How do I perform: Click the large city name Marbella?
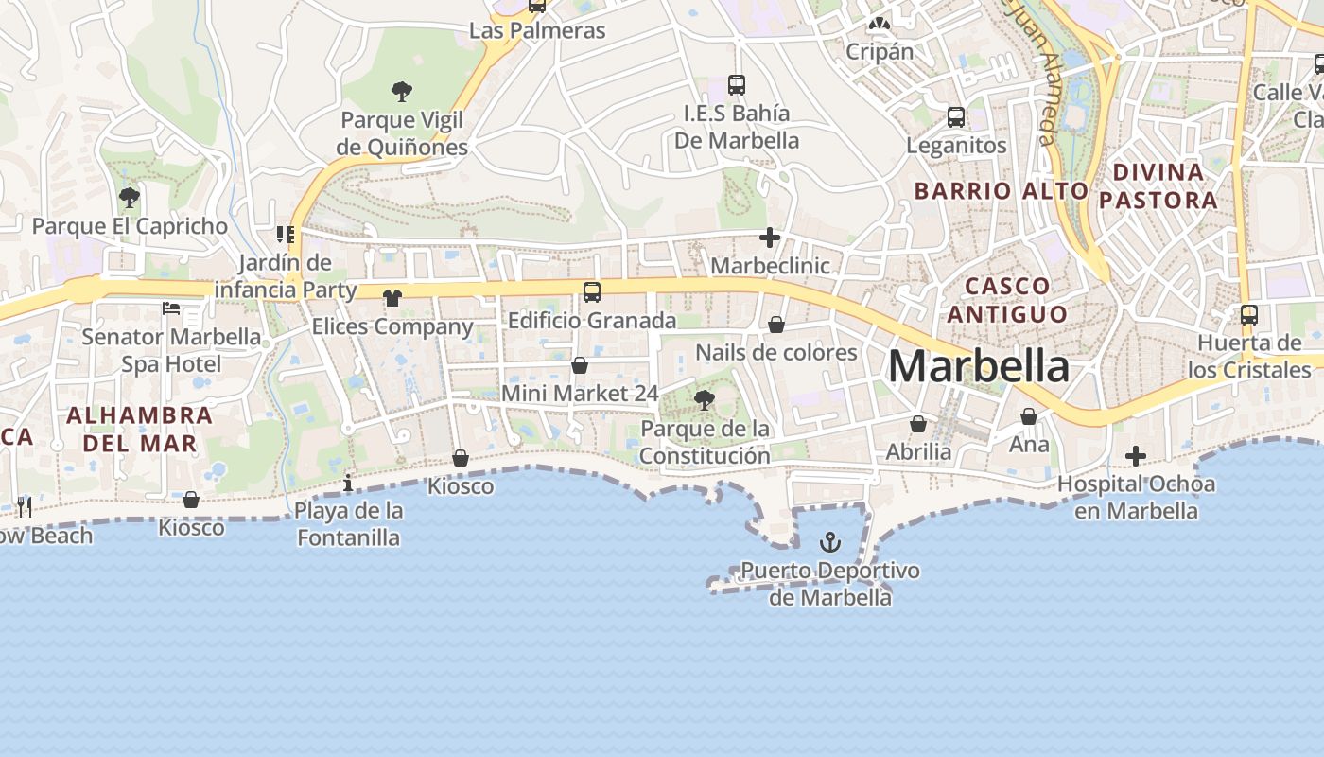click(979, 366)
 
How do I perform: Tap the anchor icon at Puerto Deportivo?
click(829, 542)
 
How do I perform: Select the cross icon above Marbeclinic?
click(770, 238)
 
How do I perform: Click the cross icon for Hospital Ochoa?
click(1136, 457)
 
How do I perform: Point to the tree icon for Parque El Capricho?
click(130, 198)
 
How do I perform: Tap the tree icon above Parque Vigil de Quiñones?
click(402, 92)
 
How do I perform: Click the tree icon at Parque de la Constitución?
click(704, 400)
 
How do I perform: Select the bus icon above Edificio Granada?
click(592, 292)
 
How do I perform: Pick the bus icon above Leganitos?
click(956, 117)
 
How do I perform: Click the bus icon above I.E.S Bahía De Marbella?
click(737, 85)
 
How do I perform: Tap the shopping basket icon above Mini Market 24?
click(580, 365)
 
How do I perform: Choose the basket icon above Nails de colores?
click(776, 325)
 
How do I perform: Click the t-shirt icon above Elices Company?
click(392, 298)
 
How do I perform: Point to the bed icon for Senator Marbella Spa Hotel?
click(171, 308)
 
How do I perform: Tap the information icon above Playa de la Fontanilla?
click(348, 484)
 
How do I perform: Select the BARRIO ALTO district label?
click(1002, 190)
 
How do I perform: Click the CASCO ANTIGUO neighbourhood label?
click(1007, 299)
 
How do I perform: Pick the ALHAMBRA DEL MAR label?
click(140, 429)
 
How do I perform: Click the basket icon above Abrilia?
click(918, 424)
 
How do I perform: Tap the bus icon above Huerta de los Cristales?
click(1249, 314)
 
